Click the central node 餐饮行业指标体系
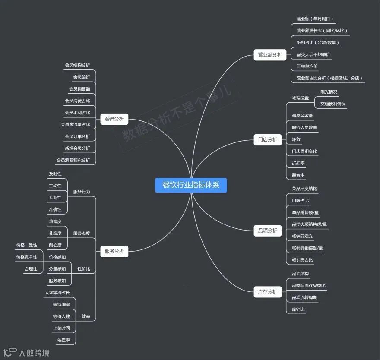point(190,185)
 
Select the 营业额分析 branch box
point(269,55)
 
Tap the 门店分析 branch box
point(268,140)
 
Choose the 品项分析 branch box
point(268,231)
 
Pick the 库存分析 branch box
point(268,292)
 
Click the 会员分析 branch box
point(114,118)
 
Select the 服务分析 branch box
point(114,251)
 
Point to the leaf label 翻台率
point(298,175)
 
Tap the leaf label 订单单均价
point(307,66)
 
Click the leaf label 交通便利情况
point(333,104)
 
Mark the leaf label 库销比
point(298,309)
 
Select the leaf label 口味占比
point(301,201)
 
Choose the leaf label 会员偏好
point(82,77)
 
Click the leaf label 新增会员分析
point(77,148)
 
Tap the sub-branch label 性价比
point(84,269)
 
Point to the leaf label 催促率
point(63,340)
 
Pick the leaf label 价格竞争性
point(27,257)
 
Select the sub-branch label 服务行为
point(82,192)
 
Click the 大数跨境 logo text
point(34,353)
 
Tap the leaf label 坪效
point(296,139)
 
